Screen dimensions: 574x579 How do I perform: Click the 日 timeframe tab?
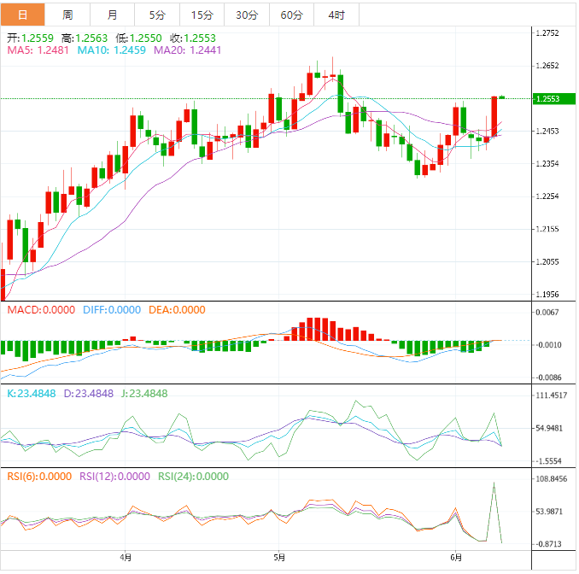21,15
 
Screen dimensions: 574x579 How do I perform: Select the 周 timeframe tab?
67,15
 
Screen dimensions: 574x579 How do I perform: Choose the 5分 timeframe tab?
157,15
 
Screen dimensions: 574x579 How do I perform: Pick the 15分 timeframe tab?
202,15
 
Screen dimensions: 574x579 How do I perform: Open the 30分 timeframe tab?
247,15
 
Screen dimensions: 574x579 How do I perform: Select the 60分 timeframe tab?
291,15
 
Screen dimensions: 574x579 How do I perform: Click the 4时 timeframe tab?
336,15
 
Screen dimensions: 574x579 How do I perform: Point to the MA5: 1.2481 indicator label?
38,50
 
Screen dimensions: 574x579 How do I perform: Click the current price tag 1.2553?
547,99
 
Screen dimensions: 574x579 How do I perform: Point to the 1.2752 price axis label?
547,33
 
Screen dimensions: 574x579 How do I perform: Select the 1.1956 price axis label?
547,294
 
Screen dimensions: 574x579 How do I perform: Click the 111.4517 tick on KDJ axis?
552,395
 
